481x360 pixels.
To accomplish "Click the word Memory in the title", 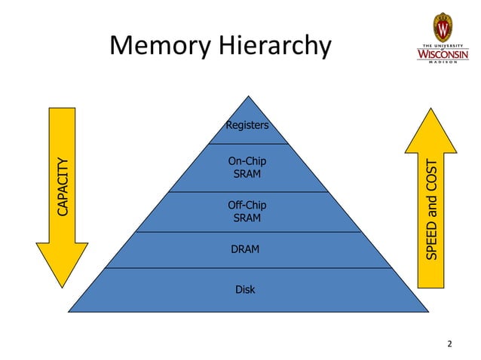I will pos(161,47).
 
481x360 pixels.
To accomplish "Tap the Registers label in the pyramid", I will pos(247,125).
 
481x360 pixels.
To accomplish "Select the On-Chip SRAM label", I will pos(247,167).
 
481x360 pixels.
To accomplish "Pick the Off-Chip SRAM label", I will pos(247,212).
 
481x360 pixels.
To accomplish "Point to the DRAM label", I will pos(245,249).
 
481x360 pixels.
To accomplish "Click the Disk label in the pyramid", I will pos(245,289).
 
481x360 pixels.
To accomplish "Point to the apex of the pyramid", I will pos(247,97).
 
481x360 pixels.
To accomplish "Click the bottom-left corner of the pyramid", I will pos(70,310).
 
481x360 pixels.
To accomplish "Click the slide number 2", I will pos(449,344).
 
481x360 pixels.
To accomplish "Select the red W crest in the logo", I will pos(443,28).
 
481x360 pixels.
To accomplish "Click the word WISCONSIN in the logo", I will pos(443,54).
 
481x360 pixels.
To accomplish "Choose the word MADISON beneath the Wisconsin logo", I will pos(443,64).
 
